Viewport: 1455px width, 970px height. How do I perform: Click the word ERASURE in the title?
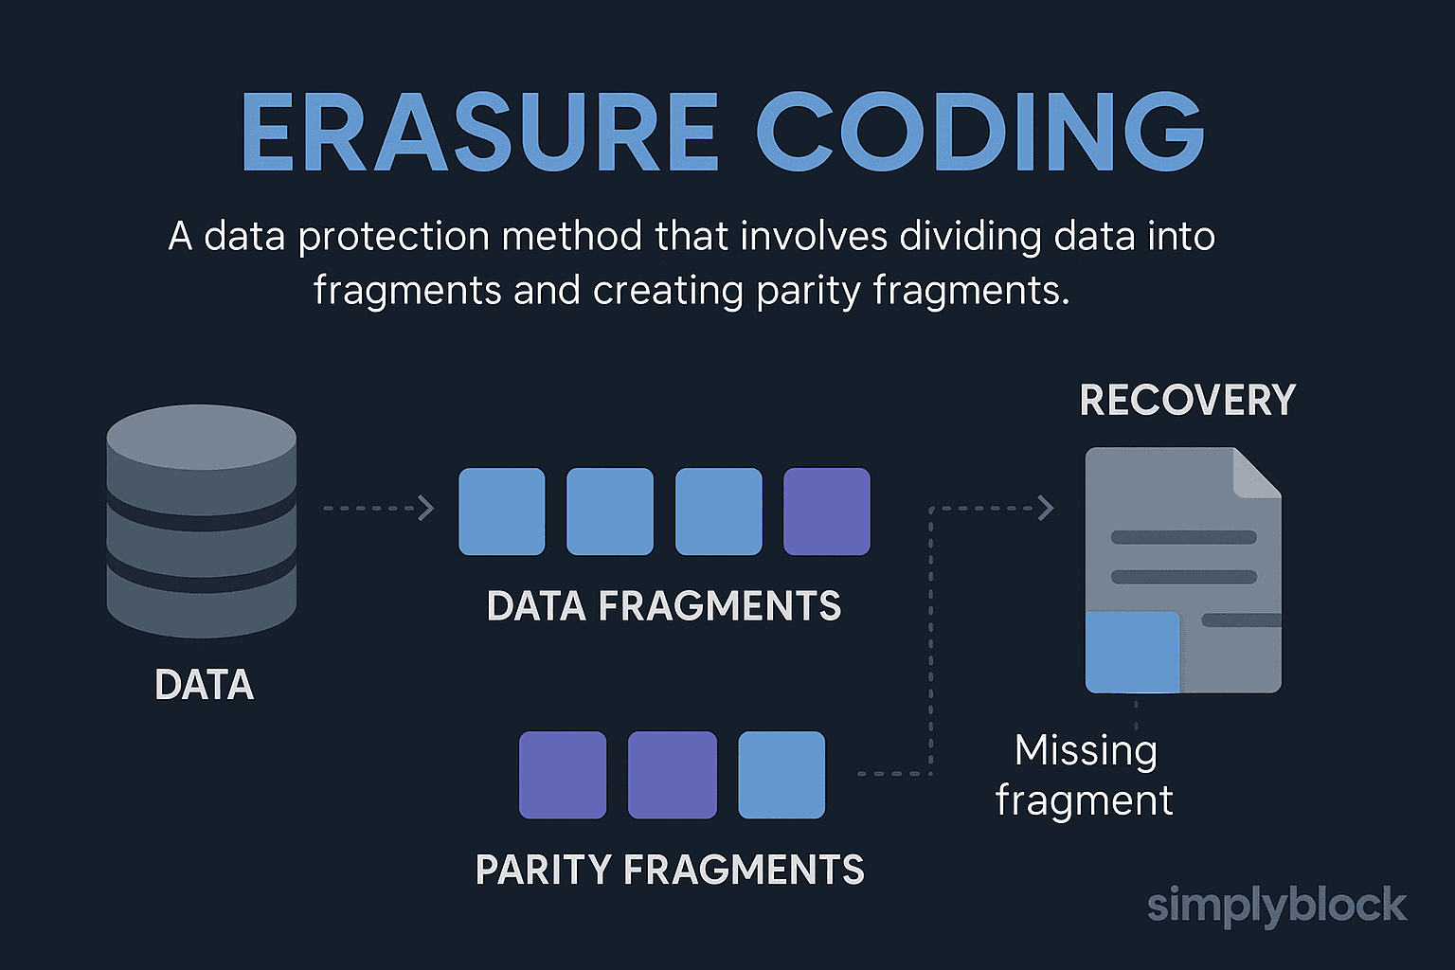[x=479, y=132]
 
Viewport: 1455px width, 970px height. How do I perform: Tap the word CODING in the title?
[x=980, y=132]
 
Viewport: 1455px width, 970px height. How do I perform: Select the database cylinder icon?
[x=202, y=521]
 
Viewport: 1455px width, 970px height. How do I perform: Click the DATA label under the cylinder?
[x=204, y=685]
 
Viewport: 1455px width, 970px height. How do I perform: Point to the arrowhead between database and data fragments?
[x=426, y=508]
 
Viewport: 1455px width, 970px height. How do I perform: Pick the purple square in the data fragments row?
[x=827, y=512]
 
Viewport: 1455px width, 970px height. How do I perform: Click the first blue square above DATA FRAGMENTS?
[x=501, y=512]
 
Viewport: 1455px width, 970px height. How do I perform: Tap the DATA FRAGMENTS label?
[x=664, y=606]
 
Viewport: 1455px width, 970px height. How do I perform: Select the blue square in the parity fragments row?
[x=781, y=775]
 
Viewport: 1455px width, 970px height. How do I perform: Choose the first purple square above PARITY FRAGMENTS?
[x=563, y=775]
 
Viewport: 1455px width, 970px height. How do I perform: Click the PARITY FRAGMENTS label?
[x=670, y=870]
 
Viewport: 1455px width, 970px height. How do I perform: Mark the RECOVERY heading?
[x=1187, y=400]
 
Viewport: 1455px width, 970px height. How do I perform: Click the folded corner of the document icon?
[x=1257, y=473]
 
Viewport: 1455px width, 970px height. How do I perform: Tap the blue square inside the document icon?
[x=1132, y=652]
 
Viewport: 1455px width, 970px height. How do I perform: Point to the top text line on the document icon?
[x=1183, y=537]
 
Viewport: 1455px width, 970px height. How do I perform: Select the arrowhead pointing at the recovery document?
[x=1046, y=508]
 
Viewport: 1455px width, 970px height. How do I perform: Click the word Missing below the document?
[x=1087, y=752]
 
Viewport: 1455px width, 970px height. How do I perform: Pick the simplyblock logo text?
[x=1277, y=906]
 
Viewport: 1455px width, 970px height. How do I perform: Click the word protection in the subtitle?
[x=394, y=237]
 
